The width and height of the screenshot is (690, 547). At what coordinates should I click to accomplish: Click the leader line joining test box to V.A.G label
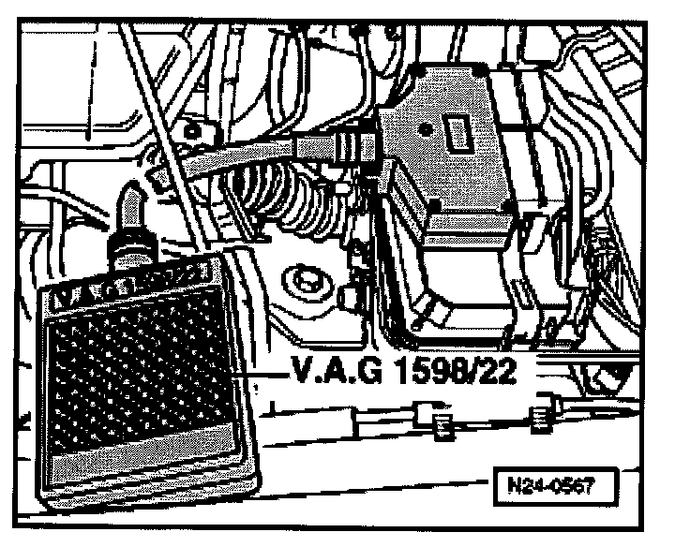[x=267, y=374]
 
